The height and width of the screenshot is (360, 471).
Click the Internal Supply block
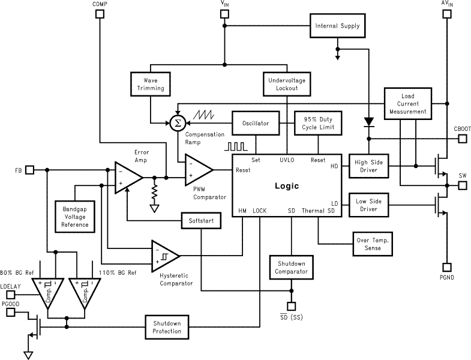[x=337, y=26]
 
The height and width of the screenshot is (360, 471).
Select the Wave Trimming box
[x=149, y=84]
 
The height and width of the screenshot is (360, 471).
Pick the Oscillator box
[x=256, y=123]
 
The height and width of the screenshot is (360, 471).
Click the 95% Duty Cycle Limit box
[x=318, y=123]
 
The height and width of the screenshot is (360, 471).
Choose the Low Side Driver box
[x=369, y=204]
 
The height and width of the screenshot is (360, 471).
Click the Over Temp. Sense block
[x=373, y=244]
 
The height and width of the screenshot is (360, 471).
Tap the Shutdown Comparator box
[x=291, y=267]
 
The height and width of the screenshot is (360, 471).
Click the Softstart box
[x=202, y=221]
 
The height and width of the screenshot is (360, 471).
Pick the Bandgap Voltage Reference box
[x=75, y=216]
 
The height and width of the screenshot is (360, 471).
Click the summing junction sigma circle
[x=177, y=123]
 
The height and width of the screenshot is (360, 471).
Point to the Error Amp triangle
[x=127, y=178]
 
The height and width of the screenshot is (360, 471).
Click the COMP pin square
[x=100, y=14]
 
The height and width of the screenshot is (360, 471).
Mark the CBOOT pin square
[x=462, y=139]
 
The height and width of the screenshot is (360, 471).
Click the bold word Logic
[x=286, y=186]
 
